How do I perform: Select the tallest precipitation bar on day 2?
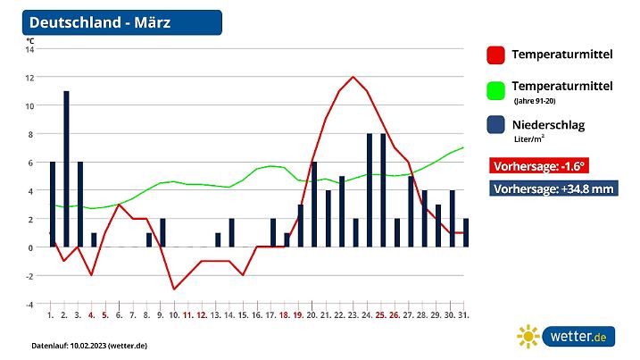tap(66, 169)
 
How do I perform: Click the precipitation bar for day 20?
tap(314, 205)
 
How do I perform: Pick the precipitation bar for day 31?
tap(466, 233)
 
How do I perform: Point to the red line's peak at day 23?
tap(354, 77)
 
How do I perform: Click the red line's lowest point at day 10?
tap(174, 289)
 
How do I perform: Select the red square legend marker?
tap(496, 55)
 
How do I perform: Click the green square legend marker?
tap(496, 91)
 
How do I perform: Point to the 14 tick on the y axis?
tap(29, 49)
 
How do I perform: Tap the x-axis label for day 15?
tap(242, 315)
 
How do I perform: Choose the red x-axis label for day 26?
tap(395, 315)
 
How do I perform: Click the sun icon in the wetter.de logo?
tap(529, 336)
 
